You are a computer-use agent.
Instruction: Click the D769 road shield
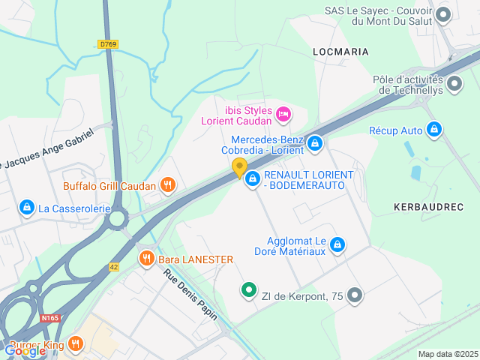[109, 44]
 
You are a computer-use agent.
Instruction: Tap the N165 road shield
[50, 318]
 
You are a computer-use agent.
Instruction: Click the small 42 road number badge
[114, 266]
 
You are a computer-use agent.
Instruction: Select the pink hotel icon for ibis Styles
[284, 115]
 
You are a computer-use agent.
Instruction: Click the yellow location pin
[240, 168]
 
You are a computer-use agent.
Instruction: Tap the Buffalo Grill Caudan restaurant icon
[168, 185]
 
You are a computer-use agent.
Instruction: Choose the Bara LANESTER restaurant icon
[146, 259]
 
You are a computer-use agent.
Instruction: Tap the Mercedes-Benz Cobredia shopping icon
[314, 142]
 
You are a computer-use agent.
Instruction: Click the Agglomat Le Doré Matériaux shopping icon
[338, 244]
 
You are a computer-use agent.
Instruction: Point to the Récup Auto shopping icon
[433, 130]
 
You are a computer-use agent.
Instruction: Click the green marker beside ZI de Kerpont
[248, 289]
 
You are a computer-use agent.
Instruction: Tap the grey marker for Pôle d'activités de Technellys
[454, 85]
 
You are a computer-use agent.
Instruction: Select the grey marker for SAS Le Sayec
[443, 14]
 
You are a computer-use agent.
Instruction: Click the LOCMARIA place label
[340, 52]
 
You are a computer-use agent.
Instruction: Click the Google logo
[25, 350]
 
